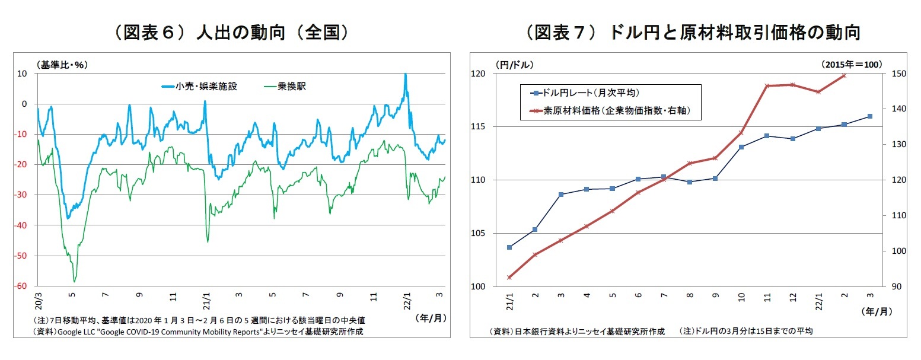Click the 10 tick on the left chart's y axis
(x=24, y=74)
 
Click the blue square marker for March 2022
(x=869, y=116)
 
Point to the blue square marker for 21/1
(x=509, y=247)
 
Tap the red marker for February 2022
(x=844, y=75)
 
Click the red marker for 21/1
(x=509, y=277)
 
